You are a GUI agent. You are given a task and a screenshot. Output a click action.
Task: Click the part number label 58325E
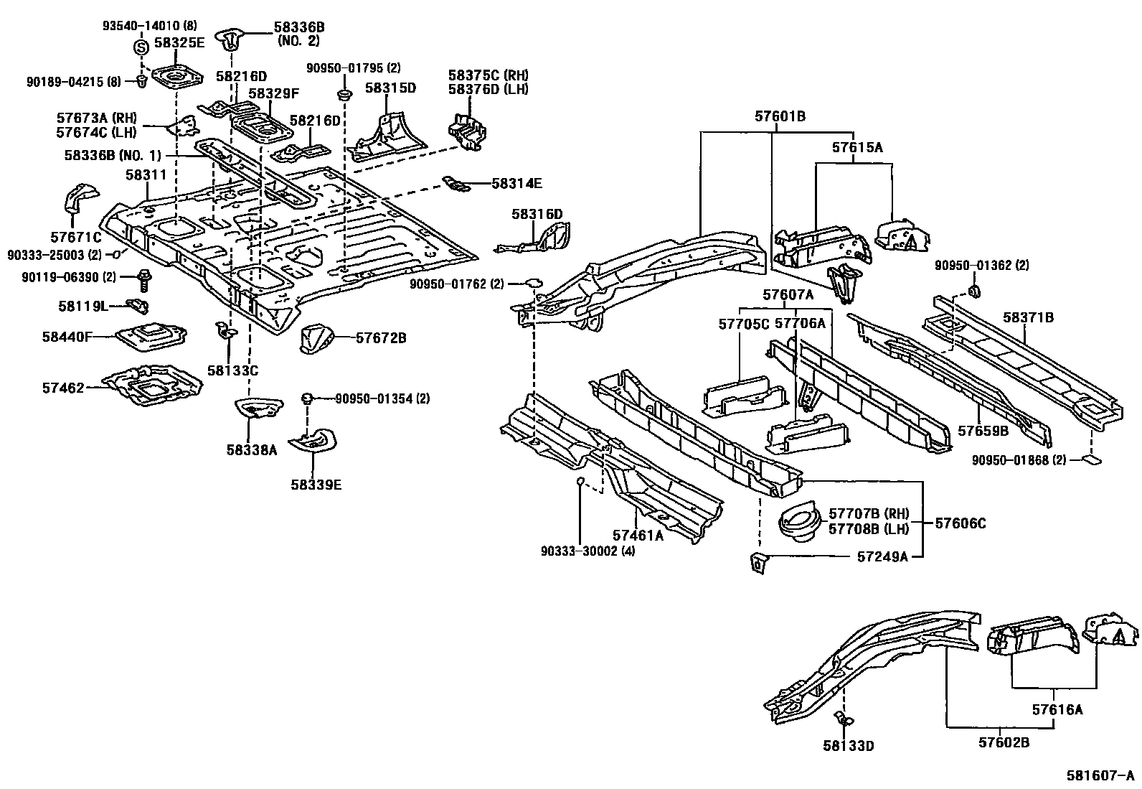point(180,43)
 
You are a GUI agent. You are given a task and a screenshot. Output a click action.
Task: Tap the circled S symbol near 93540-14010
point(141,48)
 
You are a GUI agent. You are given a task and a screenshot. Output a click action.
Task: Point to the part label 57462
point(63,388)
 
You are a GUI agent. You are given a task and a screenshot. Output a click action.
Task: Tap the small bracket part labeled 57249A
point(757,564)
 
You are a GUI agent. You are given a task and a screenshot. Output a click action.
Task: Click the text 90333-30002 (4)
point(587,551)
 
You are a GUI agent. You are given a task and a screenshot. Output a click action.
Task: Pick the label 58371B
point(1028,317)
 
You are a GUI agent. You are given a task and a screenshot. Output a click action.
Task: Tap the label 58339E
point(316,485)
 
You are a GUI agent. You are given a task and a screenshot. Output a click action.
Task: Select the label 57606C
point(960,523)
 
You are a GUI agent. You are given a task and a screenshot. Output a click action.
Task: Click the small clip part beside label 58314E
point(456,185)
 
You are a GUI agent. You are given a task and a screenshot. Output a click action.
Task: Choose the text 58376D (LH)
point(488,89)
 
